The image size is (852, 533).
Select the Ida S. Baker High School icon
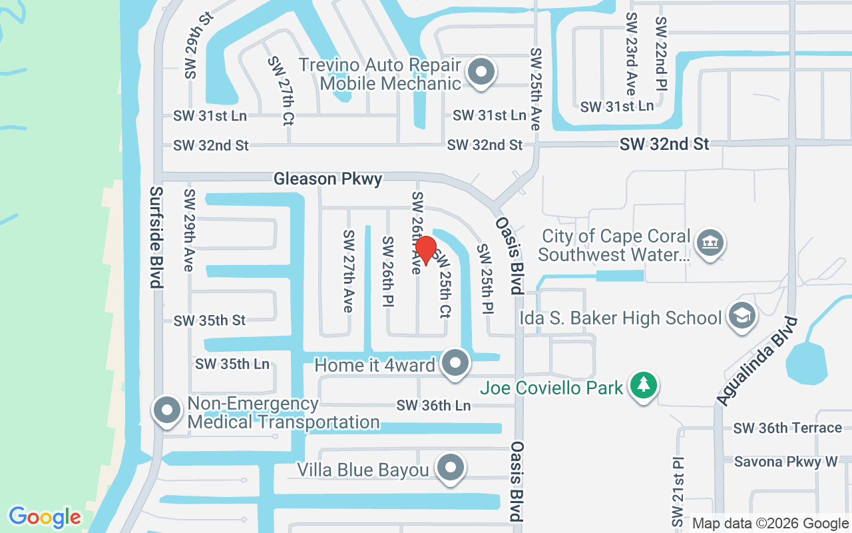pos(741,316)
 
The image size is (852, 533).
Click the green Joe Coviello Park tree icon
pos(643,386)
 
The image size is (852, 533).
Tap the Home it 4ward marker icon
pos(456,363)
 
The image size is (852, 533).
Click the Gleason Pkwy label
pos(328,179)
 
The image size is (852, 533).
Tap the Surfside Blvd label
pos(156,237)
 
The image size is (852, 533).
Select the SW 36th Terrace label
pos(787,428)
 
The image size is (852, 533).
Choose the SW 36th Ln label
pos(433,405)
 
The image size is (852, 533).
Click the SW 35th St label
pos(210,320)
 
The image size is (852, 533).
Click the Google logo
pos(45,516)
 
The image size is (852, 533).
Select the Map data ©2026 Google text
pos(769,524)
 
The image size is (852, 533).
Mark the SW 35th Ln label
pos(232,364)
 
